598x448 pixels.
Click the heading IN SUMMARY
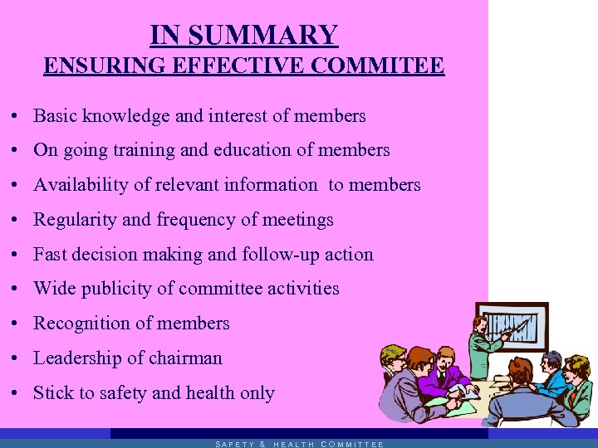243,35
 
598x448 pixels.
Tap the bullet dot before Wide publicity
17,290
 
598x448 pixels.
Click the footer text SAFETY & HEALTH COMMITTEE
299,444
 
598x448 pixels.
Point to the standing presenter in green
482,348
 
